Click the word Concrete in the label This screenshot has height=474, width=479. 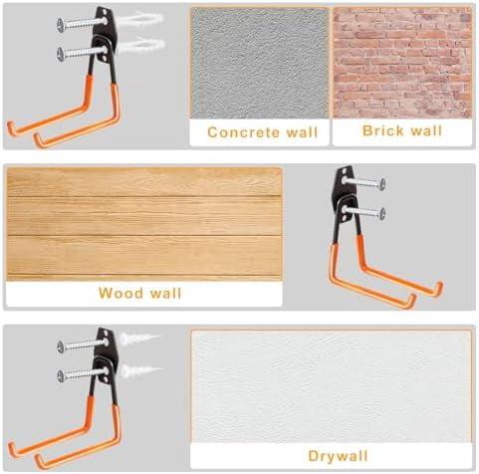[244, 132]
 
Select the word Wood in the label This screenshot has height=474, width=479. [120, 293]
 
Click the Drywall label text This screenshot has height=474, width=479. [338, 456]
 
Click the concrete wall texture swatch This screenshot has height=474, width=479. [259, 63]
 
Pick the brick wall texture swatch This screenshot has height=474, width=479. [402, 63]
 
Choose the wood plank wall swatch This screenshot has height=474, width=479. [144, 224]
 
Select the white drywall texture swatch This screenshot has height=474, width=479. [332, 386]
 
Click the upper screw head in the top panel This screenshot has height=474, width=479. [60, 25]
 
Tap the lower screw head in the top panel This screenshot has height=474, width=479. [60, 54]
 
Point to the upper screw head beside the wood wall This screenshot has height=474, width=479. [382, 183]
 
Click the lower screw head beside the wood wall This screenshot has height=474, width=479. [382, 213]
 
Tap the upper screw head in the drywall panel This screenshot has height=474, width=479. [60, 347]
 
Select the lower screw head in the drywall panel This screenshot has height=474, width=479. [60, 375]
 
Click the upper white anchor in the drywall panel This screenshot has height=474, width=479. [139, 339]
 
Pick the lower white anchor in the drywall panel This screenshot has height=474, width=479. [141, 370]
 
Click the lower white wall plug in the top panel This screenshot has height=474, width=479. [142, 46]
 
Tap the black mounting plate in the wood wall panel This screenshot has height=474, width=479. [345, 196]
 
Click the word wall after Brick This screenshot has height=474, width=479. [426, 130]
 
